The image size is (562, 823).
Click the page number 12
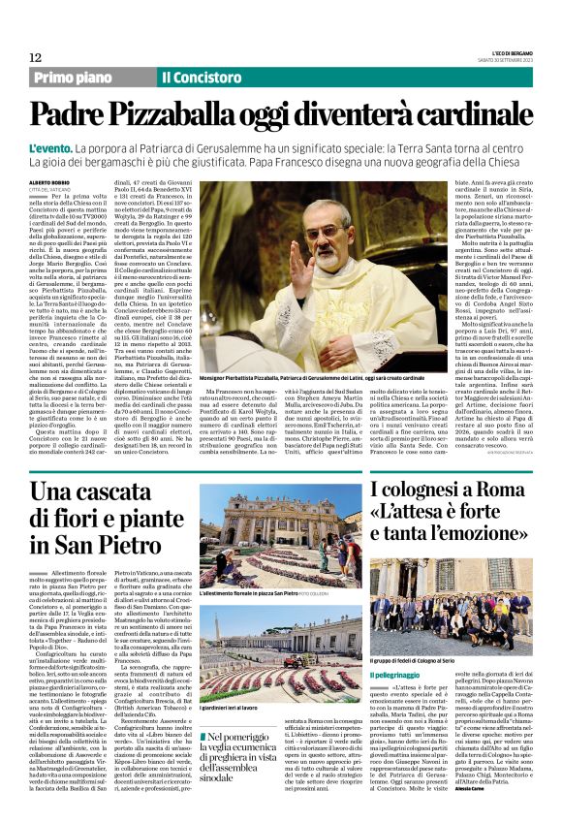click(x=36, y=58)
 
